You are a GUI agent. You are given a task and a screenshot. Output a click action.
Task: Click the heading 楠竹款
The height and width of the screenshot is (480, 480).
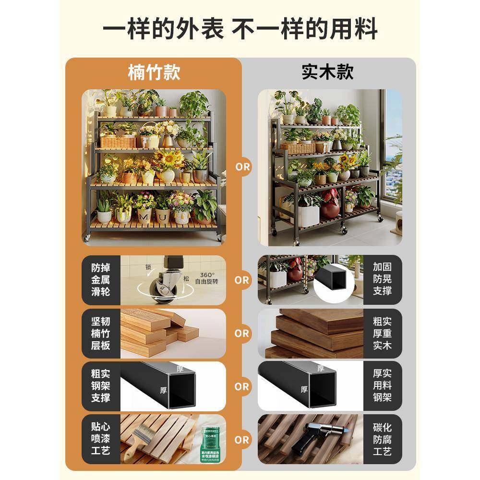(x=154, y=72)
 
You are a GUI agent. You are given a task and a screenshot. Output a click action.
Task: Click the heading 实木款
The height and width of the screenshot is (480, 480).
(x=327, y=72)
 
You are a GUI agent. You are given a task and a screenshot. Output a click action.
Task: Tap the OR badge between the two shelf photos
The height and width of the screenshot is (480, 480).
(x=242, y=167)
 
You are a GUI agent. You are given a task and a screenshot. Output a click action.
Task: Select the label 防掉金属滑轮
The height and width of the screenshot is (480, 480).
(x=101, y=280)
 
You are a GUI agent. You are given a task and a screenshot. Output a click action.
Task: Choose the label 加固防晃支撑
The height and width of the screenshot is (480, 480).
(x=382, y=280)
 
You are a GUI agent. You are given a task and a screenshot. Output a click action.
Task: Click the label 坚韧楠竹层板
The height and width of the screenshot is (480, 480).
(x=101, y=333)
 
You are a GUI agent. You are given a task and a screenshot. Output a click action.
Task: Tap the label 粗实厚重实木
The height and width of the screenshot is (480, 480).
(x=382, y=333)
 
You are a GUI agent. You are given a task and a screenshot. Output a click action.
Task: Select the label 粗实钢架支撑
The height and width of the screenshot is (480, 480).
(x=101, y=386)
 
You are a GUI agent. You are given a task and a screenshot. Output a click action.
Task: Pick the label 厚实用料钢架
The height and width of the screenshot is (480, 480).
(x=382, y=386)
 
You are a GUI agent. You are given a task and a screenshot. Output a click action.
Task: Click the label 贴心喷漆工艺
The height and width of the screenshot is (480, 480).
(x=101, y=439)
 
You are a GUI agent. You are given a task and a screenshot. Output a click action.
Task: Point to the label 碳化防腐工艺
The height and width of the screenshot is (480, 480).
(x=382, y=439)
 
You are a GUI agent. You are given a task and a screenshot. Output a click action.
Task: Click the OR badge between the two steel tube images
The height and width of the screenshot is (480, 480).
(x=242, y=386)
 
